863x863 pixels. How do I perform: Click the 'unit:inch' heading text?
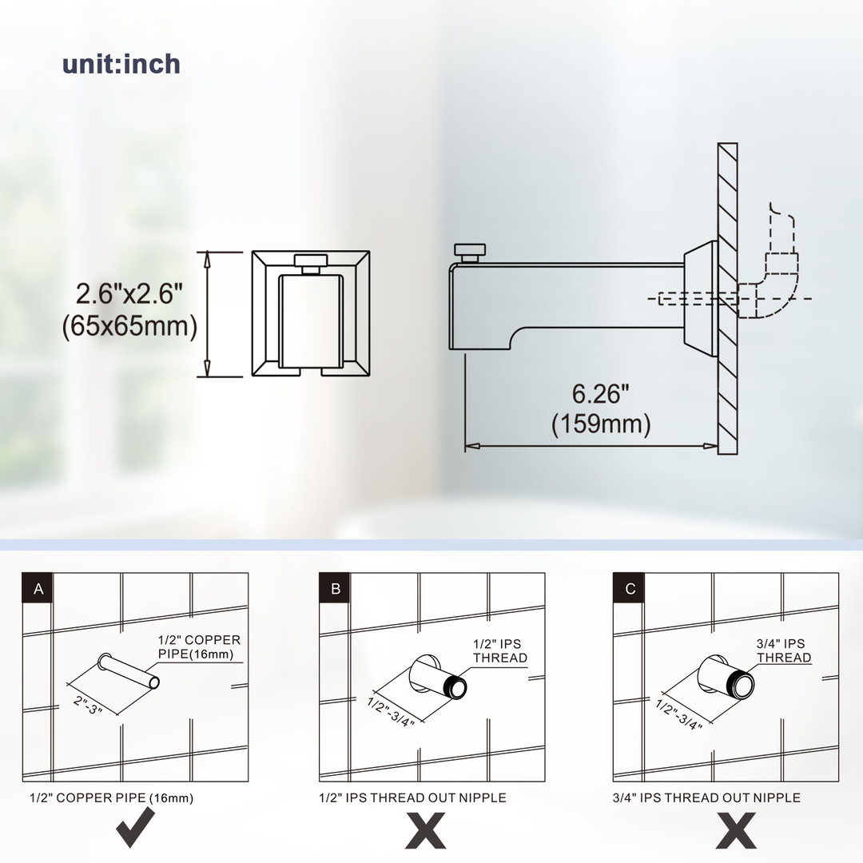tap(121, 64)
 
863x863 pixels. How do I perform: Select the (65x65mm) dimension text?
tap(129, 326)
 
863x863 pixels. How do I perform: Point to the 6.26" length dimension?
tap(600, 393)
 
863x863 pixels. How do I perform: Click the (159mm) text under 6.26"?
tap(601, 424)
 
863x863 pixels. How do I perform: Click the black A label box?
tap(38, 588)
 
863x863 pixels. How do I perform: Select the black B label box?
tap(335, 588)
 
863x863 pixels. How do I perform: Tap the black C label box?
tap(629, 588)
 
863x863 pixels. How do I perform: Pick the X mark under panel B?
tap(425, 830)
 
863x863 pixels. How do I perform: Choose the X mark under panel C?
tap(737, 830)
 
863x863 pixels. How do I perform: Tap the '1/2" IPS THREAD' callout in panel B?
tap(499, 650)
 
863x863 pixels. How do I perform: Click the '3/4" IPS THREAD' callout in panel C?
tap(784, 650)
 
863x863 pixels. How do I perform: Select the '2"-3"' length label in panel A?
tap(88, 705)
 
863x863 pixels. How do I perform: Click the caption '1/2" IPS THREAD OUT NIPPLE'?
tap(413, 797)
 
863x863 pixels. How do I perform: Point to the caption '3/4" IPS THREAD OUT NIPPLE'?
tap(706, 797)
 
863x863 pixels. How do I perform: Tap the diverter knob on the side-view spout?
tap(470, 253)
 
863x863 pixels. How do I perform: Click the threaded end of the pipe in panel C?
tap(740, 685)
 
